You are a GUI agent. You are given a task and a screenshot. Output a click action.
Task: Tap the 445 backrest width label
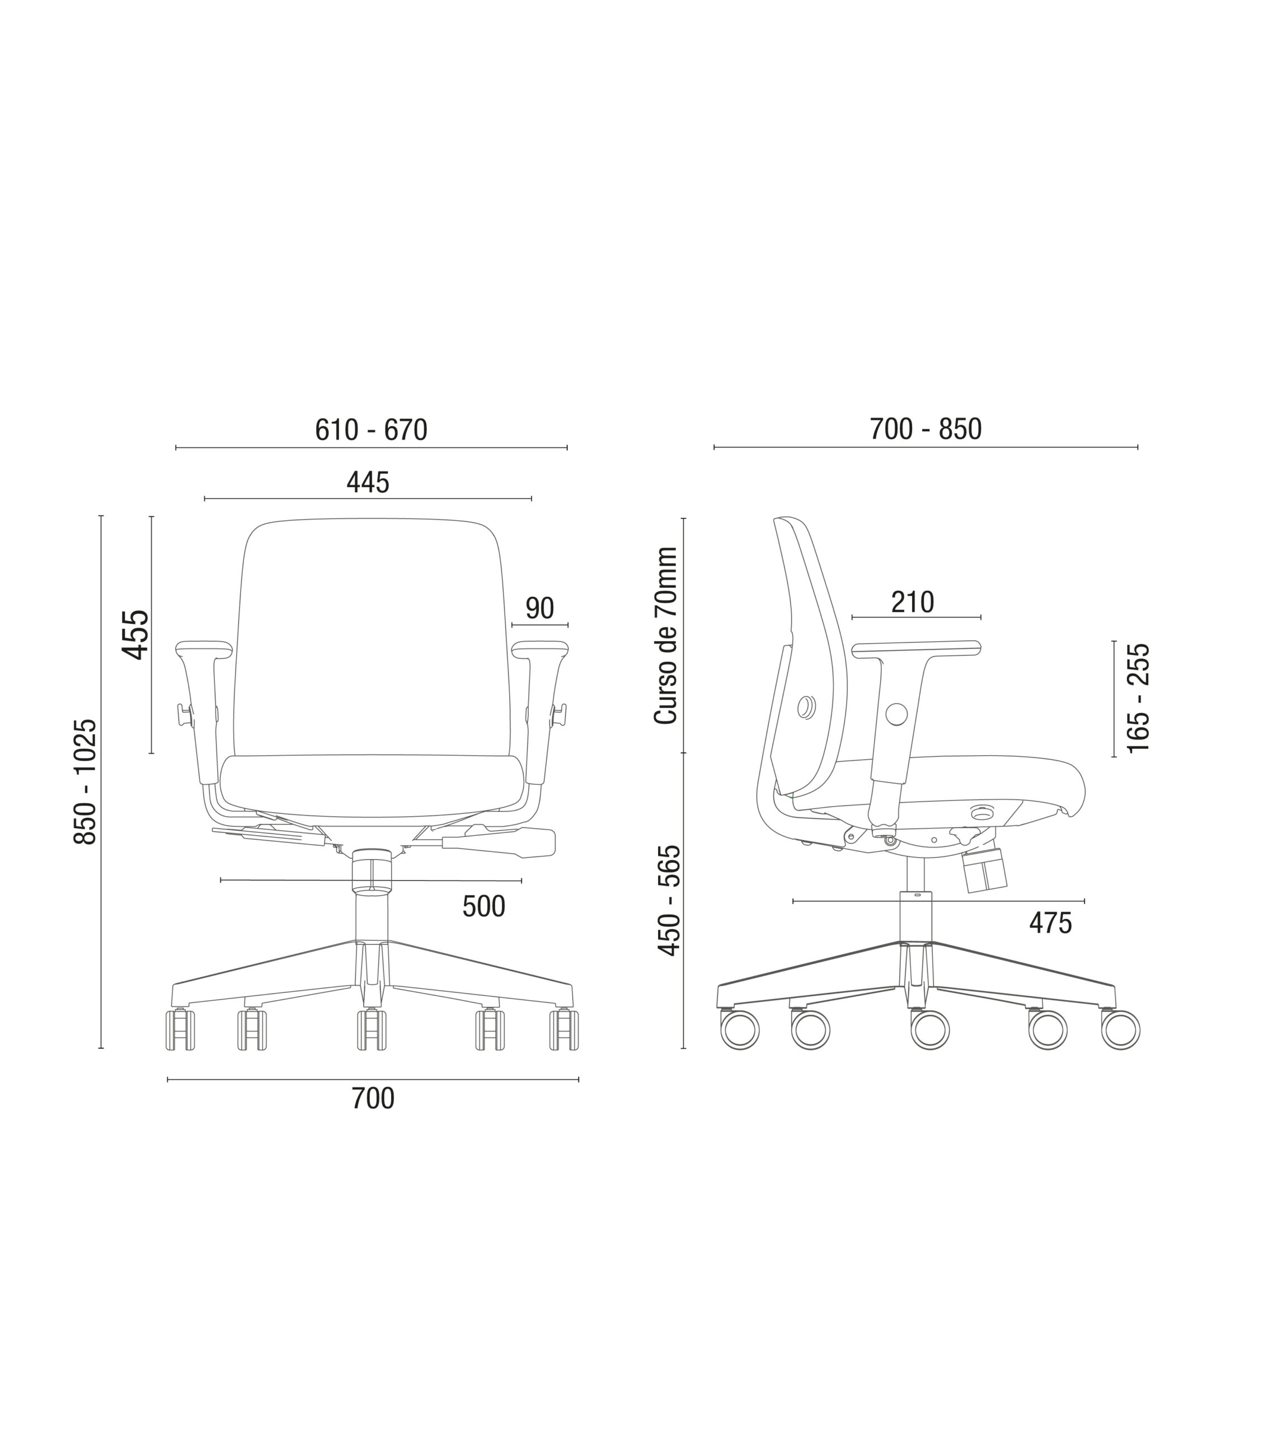[x=368, y=483]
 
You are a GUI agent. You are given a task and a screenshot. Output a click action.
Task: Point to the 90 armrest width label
[x=539, y=609]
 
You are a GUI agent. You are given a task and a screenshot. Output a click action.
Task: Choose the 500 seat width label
[x=483, y=907]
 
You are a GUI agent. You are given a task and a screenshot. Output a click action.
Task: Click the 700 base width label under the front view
[x=373, y=1099]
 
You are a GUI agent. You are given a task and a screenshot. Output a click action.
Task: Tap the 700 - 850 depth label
[x=925, y=430]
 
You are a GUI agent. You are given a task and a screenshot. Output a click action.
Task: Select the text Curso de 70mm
[x=666, y=636]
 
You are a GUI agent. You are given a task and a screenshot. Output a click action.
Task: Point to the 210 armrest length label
[x=912, y=602]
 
